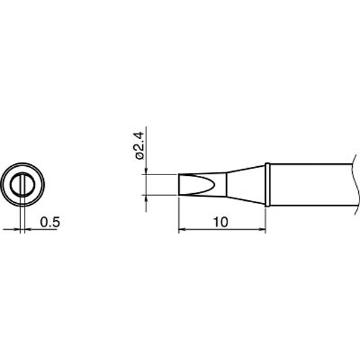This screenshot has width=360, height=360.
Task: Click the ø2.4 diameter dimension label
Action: point(139,146)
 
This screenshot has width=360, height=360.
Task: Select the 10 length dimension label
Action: point(221,222)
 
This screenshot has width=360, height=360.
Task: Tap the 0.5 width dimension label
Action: point(50,222)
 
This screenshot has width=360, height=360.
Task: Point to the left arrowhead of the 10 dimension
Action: point(182,229)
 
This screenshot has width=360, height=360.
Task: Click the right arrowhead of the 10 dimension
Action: point(262,229)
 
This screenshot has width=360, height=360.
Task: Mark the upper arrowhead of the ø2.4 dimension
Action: point(146,171)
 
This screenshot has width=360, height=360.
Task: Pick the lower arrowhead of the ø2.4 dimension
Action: point(146,199)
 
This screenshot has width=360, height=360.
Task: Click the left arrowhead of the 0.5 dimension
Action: point(17,229)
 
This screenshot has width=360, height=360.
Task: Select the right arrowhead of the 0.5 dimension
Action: point(28,229)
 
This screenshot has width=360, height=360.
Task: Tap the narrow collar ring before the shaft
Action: point(267,185)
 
